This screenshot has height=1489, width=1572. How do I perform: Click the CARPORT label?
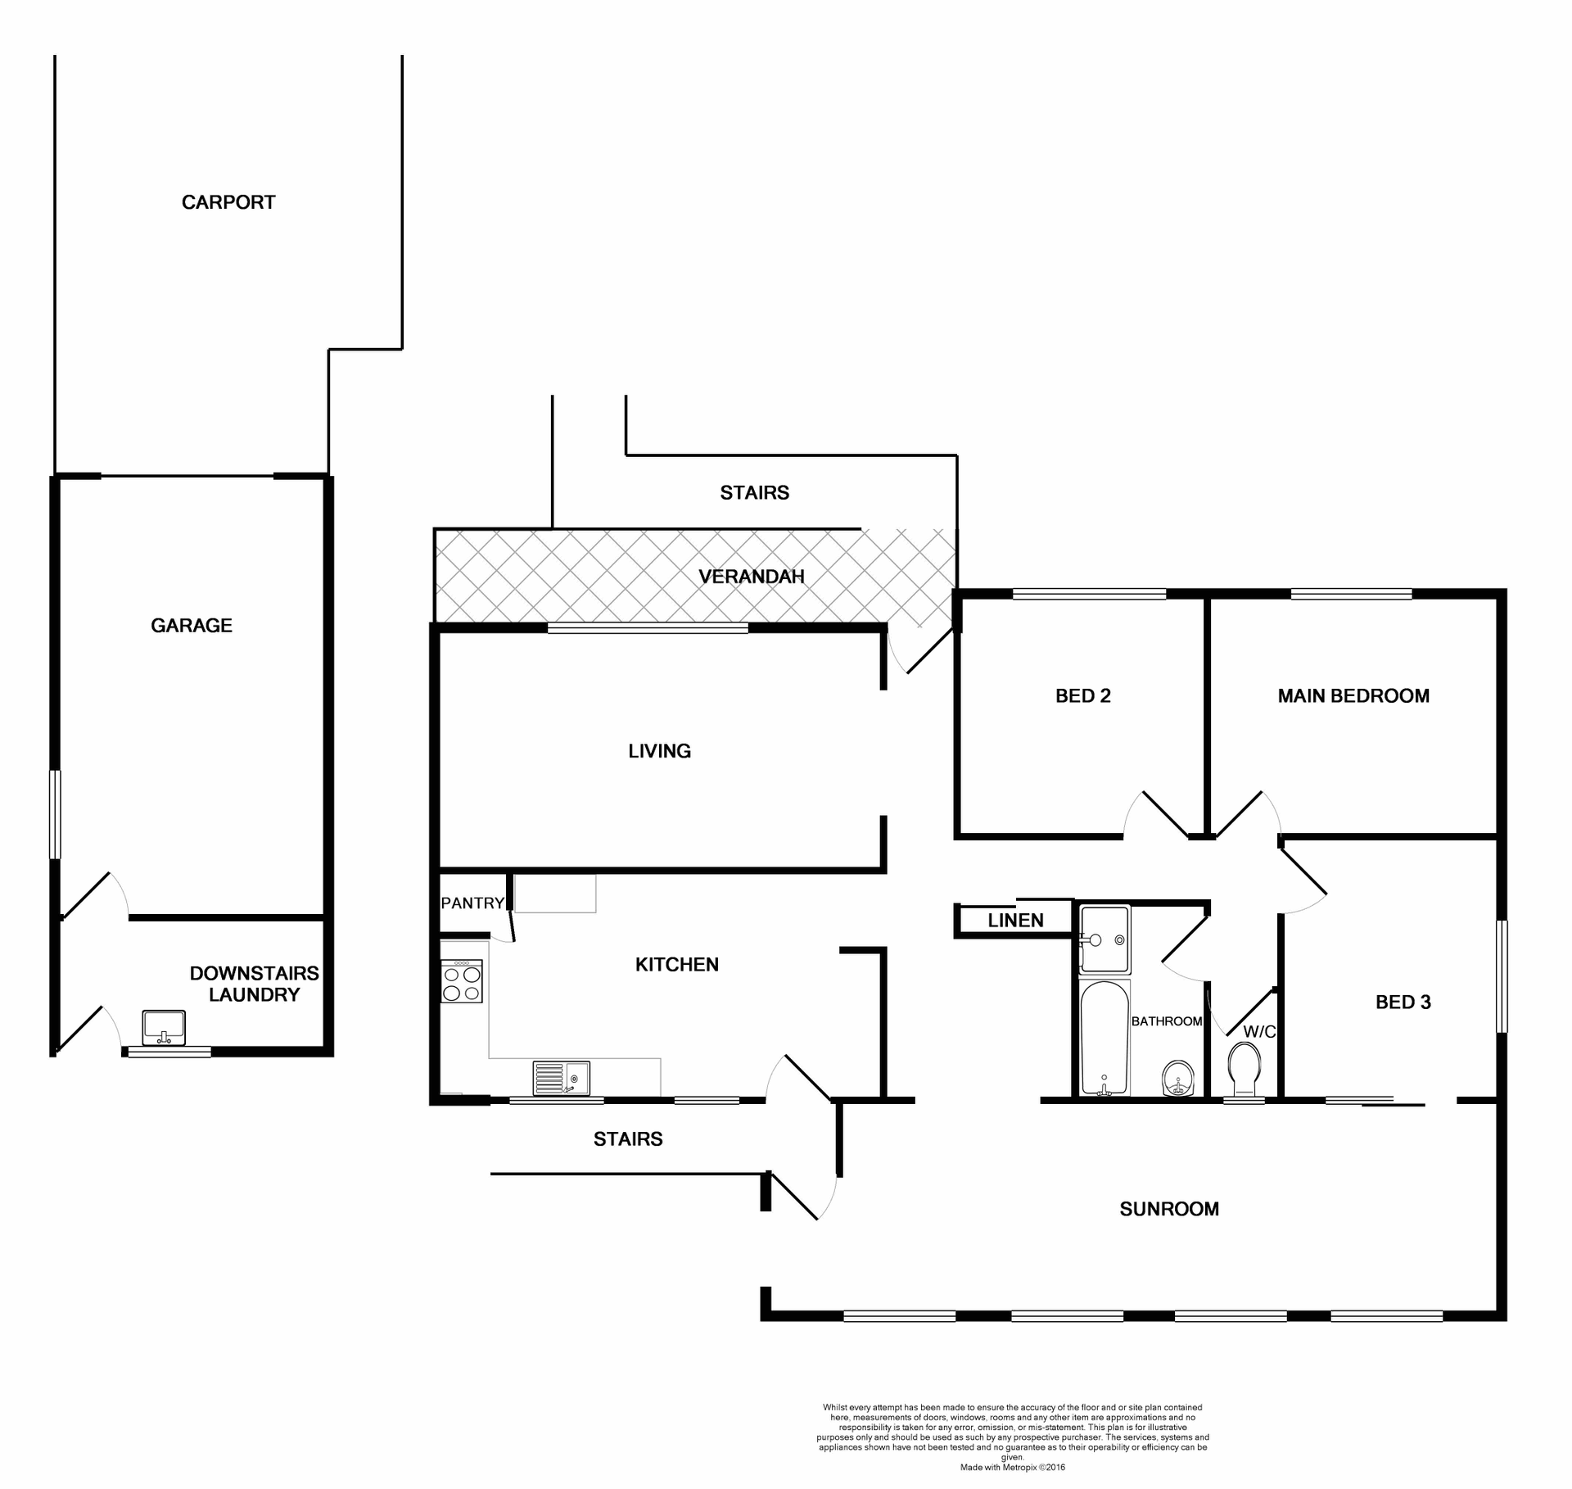coord(228,202)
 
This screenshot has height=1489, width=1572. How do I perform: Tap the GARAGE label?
coord(192,626)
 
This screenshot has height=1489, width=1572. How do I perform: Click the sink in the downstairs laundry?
coord(164,1028)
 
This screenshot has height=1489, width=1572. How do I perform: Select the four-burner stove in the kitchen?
coord(462,982)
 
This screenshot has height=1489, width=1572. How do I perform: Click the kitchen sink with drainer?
coord(561,1078)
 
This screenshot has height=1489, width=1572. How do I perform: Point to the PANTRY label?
coord(472,903)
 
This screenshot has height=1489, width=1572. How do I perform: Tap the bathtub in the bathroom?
coord(1104,1039)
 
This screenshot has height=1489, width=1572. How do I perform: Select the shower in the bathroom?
coord(1104,939)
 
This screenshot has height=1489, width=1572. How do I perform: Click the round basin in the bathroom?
coord(1178,1079)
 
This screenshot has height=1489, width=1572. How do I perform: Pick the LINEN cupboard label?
coord(1015,921)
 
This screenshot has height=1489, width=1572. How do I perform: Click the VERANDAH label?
coord(752,577)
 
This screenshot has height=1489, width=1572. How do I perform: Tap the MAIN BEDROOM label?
coord(1353,696)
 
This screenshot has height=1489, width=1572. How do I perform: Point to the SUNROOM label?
coord(1169,1209)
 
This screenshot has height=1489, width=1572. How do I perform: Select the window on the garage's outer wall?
coord(55,814)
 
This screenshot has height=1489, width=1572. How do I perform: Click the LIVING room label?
coord(659,751)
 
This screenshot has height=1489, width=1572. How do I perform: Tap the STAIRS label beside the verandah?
coord(754,493)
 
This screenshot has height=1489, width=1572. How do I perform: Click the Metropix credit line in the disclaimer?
coord(1013,1468)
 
